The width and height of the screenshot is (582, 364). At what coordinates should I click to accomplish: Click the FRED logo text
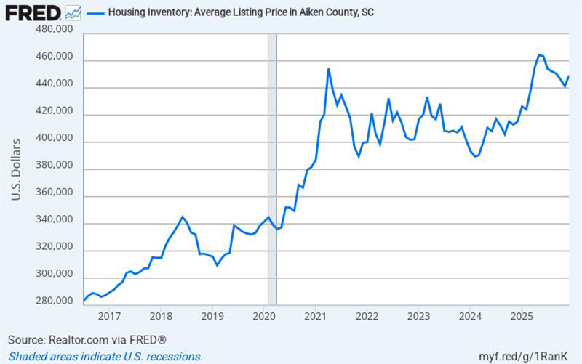33,12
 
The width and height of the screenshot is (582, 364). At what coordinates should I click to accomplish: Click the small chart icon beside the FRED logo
73,12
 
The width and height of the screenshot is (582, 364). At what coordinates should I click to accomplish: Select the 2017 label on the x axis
109,316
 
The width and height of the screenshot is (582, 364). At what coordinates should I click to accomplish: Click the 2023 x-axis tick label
418,316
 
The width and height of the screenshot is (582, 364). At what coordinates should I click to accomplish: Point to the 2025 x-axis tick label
522,316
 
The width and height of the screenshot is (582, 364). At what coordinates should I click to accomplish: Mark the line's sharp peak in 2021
329,69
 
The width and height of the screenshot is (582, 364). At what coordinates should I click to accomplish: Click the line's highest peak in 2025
539,54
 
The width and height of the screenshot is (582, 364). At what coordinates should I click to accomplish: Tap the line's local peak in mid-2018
183,217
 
